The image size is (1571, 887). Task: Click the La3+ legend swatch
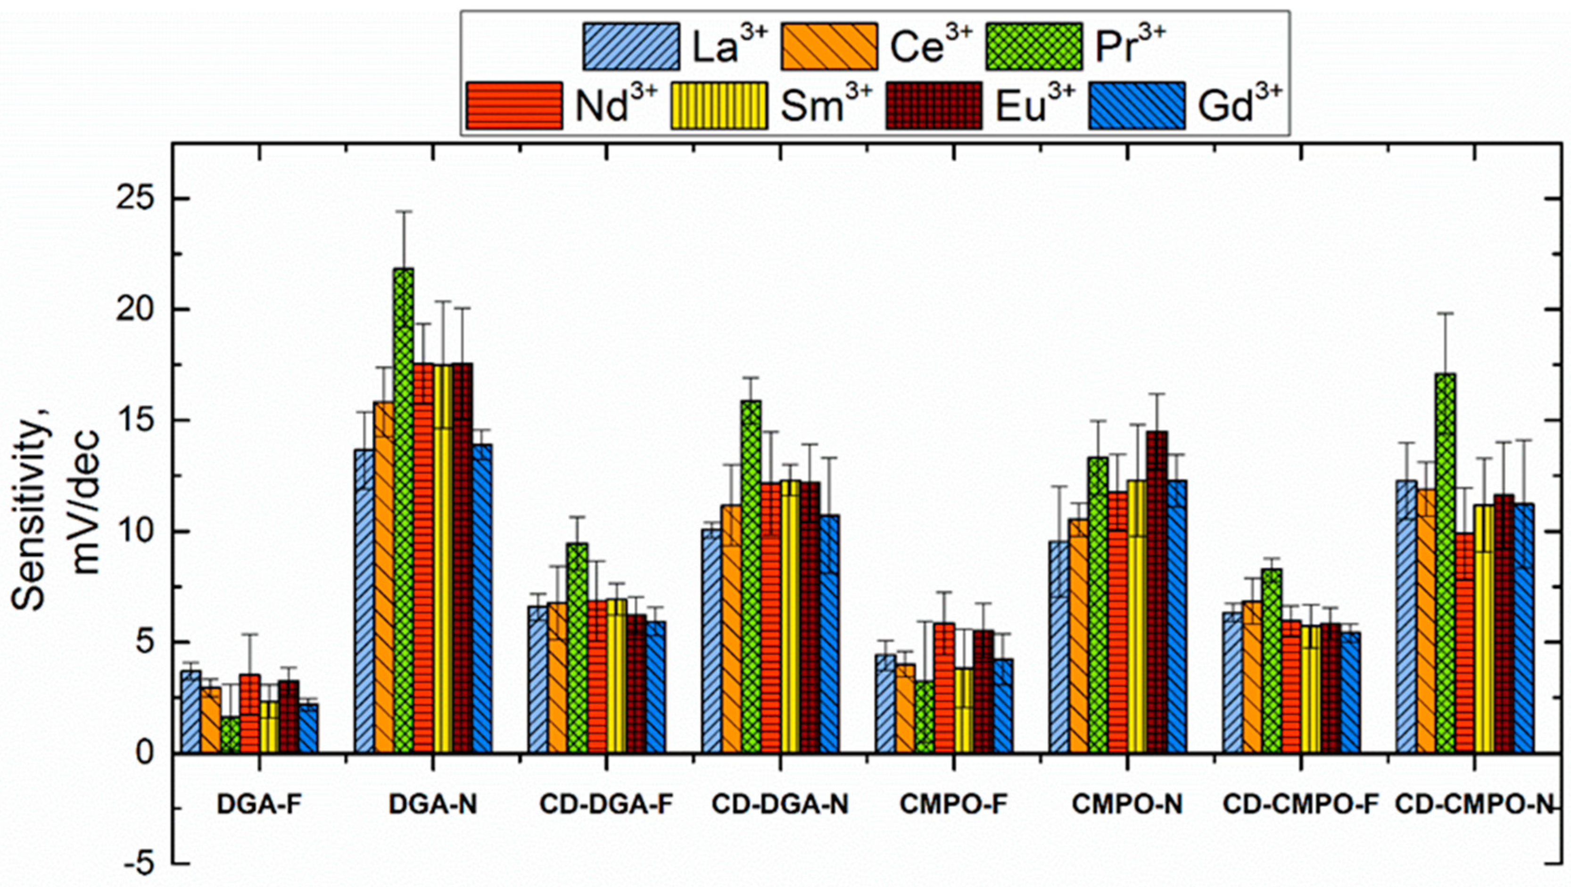pos(630,46)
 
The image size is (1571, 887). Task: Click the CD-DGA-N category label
pos(780,805)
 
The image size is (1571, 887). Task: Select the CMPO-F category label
pos(953,805)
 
